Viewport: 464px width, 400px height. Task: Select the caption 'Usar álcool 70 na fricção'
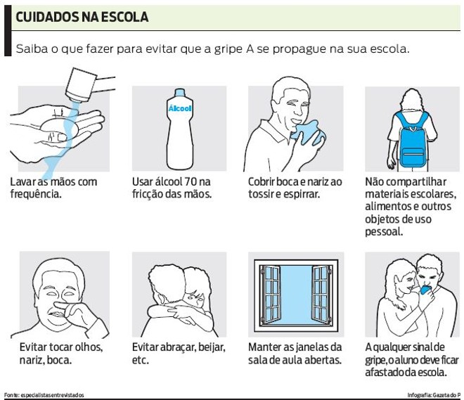(171, 188)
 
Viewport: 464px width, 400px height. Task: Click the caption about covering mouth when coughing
(295, 188)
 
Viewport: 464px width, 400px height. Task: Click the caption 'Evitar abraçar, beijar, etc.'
(179, 354)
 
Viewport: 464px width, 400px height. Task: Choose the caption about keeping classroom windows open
(295, 354)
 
